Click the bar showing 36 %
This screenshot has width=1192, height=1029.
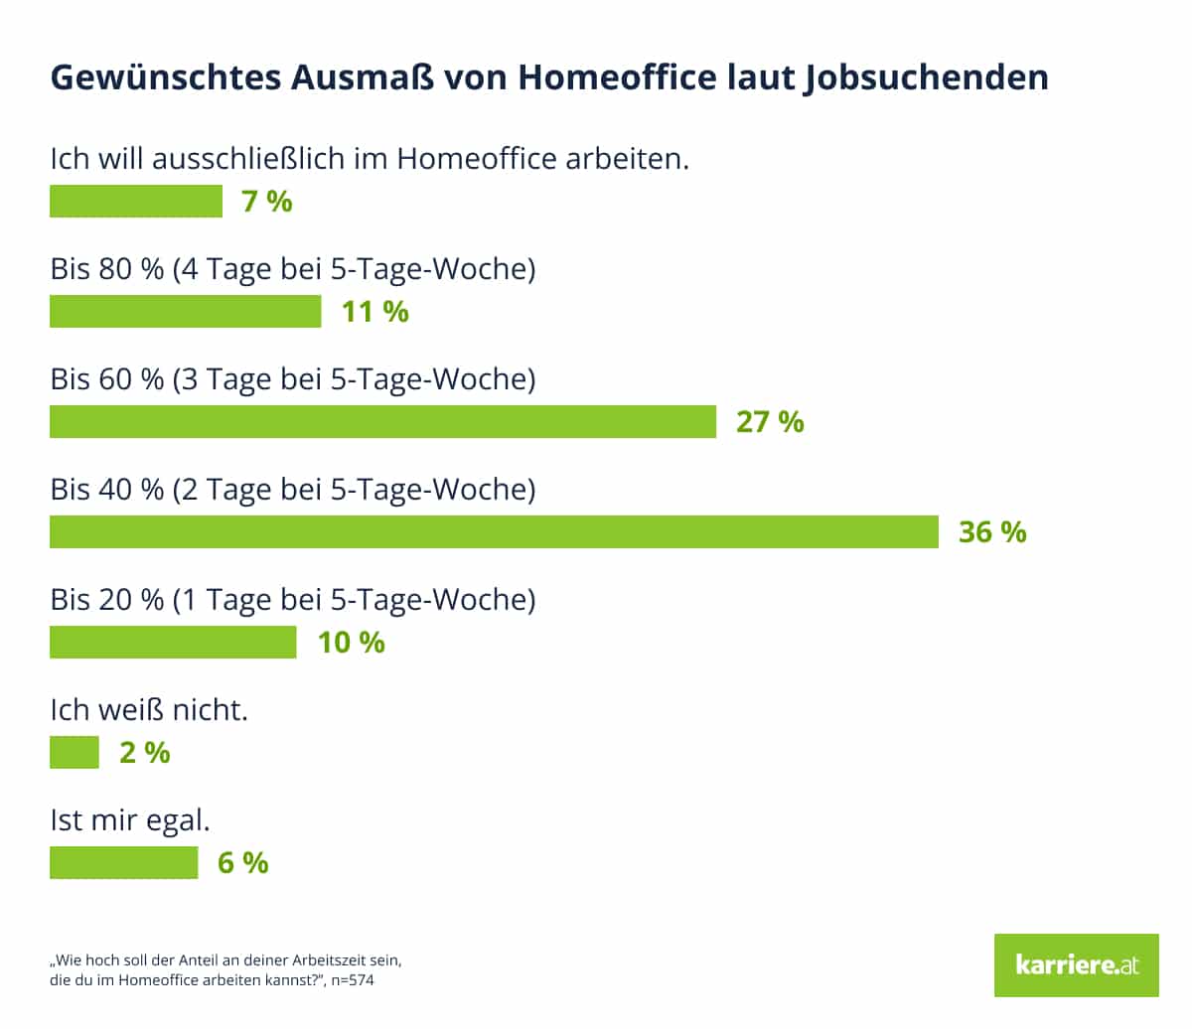coord(494,531)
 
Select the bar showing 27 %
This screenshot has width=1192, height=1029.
coord(382,421)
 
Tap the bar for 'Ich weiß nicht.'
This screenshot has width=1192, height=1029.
coord(74,752)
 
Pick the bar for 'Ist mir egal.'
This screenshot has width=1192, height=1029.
coord(124,862)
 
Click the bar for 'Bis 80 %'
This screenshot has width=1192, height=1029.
coord(186,311)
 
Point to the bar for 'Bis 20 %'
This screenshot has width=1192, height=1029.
coord(173,642)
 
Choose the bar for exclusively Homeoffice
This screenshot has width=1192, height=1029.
coord(136,201)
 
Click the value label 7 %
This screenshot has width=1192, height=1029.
coord(267,201)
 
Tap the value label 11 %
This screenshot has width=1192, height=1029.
coord(375,311)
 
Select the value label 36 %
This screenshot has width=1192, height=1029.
coord(992,531)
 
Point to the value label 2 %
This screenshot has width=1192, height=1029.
coord(145,752)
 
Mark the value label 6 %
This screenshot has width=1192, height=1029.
coord(243,862)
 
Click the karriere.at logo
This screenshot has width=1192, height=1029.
coord(1076,964)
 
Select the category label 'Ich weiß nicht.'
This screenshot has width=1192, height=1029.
coord(149,709)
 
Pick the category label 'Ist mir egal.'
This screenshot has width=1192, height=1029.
coord(130,820)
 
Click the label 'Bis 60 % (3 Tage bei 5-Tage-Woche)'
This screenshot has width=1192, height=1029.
coord(293,378)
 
